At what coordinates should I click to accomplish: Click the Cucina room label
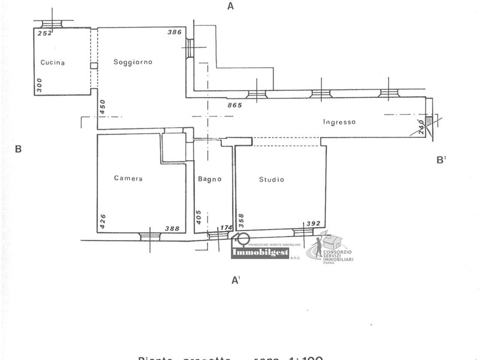pos(53,63)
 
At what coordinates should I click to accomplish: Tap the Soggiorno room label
pos(133,62)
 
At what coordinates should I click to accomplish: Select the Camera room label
pos(128,178)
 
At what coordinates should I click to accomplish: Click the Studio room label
pos(272,179)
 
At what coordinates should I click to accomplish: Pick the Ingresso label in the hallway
pos(340,122)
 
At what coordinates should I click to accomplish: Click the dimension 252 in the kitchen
pos(45,34)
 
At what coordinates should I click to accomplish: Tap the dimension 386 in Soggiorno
pos(174,32)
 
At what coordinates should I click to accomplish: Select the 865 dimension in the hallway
pos(235,105)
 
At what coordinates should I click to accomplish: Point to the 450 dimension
pos(103,107)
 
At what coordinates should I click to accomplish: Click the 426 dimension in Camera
pos(103,221)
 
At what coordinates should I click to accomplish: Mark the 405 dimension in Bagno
pos(199,216)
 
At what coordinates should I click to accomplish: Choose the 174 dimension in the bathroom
pos(226,229)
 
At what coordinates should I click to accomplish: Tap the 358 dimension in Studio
pos(241,221)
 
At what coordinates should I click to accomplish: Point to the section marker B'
pos(441,160)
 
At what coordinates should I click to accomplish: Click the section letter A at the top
pos(230,7)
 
